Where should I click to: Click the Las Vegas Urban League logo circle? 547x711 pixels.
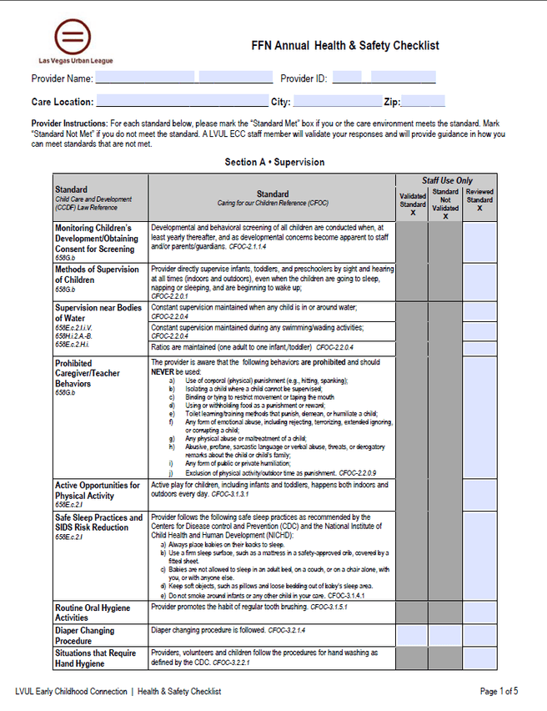[x=73, y=37]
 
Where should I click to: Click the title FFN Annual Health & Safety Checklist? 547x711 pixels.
[x=344, y=46]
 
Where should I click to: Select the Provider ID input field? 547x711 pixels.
[x=384, y=78]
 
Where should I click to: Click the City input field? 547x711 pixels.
[x=337, y=102]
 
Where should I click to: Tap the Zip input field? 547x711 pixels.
[x=423, y=102]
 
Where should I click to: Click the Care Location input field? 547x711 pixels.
[x=182, y=102]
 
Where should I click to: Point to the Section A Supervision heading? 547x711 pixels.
[x=274, y=162]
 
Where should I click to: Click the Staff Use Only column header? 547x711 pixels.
[x=446, y=180]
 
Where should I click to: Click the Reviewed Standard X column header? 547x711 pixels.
[x=479, y=200]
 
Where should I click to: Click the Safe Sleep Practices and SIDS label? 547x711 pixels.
[x=98, y=522]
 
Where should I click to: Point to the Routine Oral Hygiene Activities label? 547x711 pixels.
[x=93, y=613]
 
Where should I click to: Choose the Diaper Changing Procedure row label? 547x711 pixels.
[x=84, y=635]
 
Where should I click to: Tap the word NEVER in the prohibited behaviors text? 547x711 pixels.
[x=163, y=371]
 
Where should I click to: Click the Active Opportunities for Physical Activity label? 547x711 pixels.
[x=97, y=490]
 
